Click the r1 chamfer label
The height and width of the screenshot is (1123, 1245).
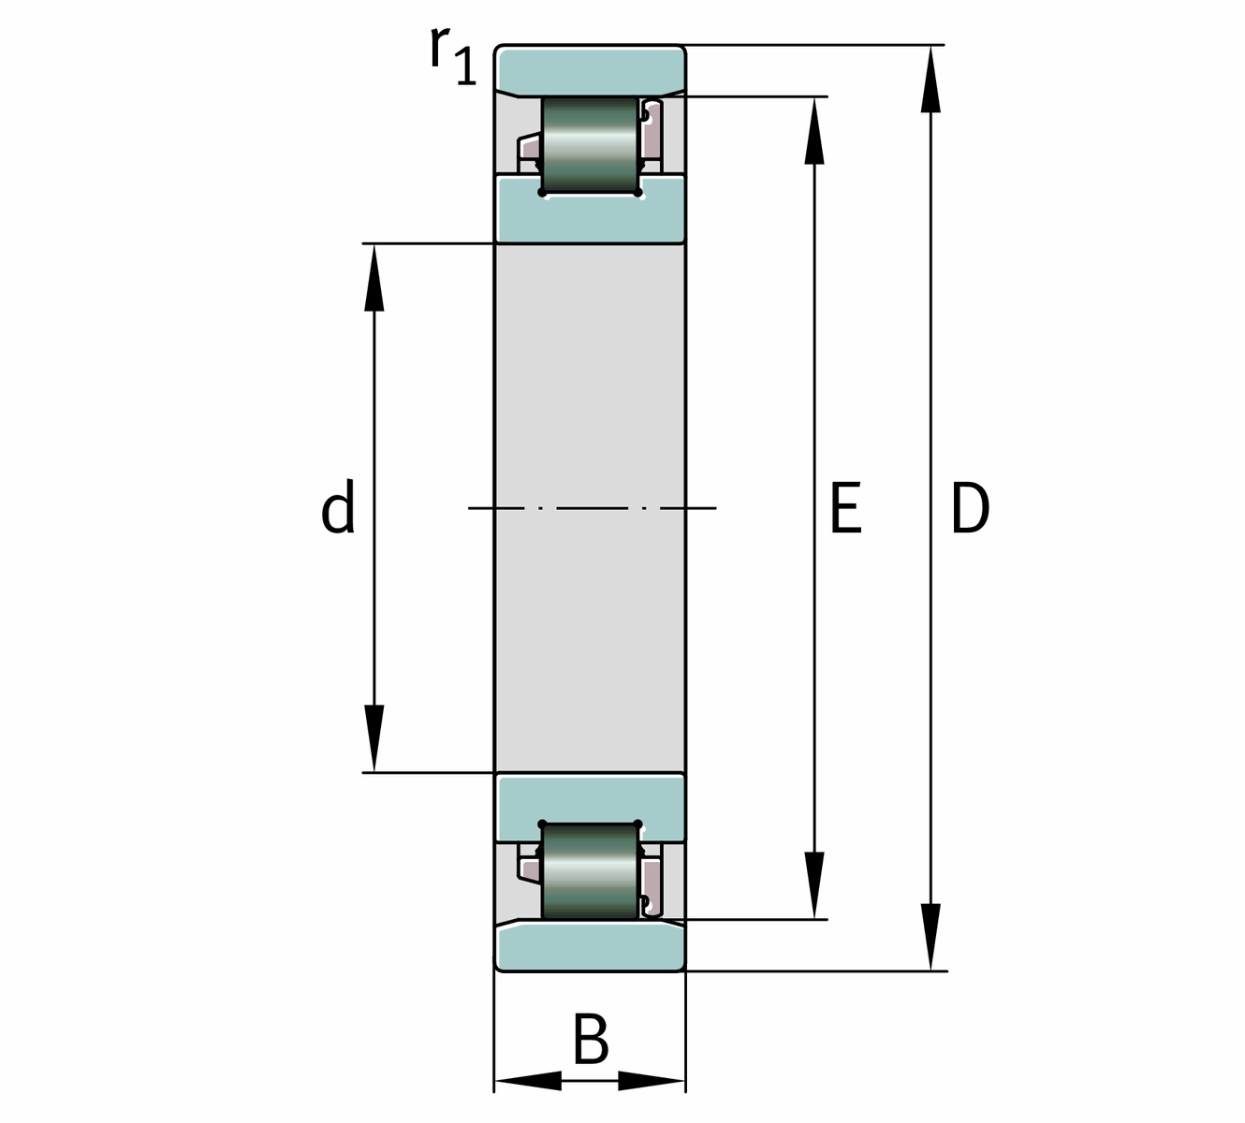tap(453, 55)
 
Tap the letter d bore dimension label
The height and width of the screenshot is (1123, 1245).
tap(338, 506)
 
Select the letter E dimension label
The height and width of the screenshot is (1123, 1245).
tap(846, 507)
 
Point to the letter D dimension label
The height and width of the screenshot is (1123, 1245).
tap(970, 507)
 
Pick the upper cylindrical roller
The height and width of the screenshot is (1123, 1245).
tap(590, 144)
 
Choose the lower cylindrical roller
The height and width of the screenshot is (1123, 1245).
tap(590, 871)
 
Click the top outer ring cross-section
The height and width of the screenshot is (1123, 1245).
tap(591, 71)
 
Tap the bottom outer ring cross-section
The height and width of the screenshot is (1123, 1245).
tap(591, 945)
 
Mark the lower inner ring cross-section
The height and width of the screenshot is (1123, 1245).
tap(591, 806)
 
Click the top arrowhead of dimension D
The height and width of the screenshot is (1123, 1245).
tap(930, 79)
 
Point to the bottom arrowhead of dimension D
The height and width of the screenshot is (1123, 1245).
tap(930, 937)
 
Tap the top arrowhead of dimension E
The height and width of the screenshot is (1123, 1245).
tap(814, 130)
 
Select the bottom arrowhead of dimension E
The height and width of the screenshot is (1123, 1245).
tap(814, 885)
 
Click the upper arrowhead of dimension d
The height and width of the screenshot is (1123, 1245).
tap(373, 277)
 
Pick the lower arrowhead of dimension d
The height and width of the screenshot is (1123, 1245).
tap(373, 738)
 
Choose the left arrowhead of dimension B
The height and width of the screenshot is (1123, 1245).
tap(528, 1080)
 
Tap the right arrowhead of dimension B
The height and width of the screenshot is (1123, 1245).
tap(652, 1080)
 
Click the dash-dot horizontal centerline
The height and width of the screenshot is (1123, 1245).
tap(593, 508)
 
